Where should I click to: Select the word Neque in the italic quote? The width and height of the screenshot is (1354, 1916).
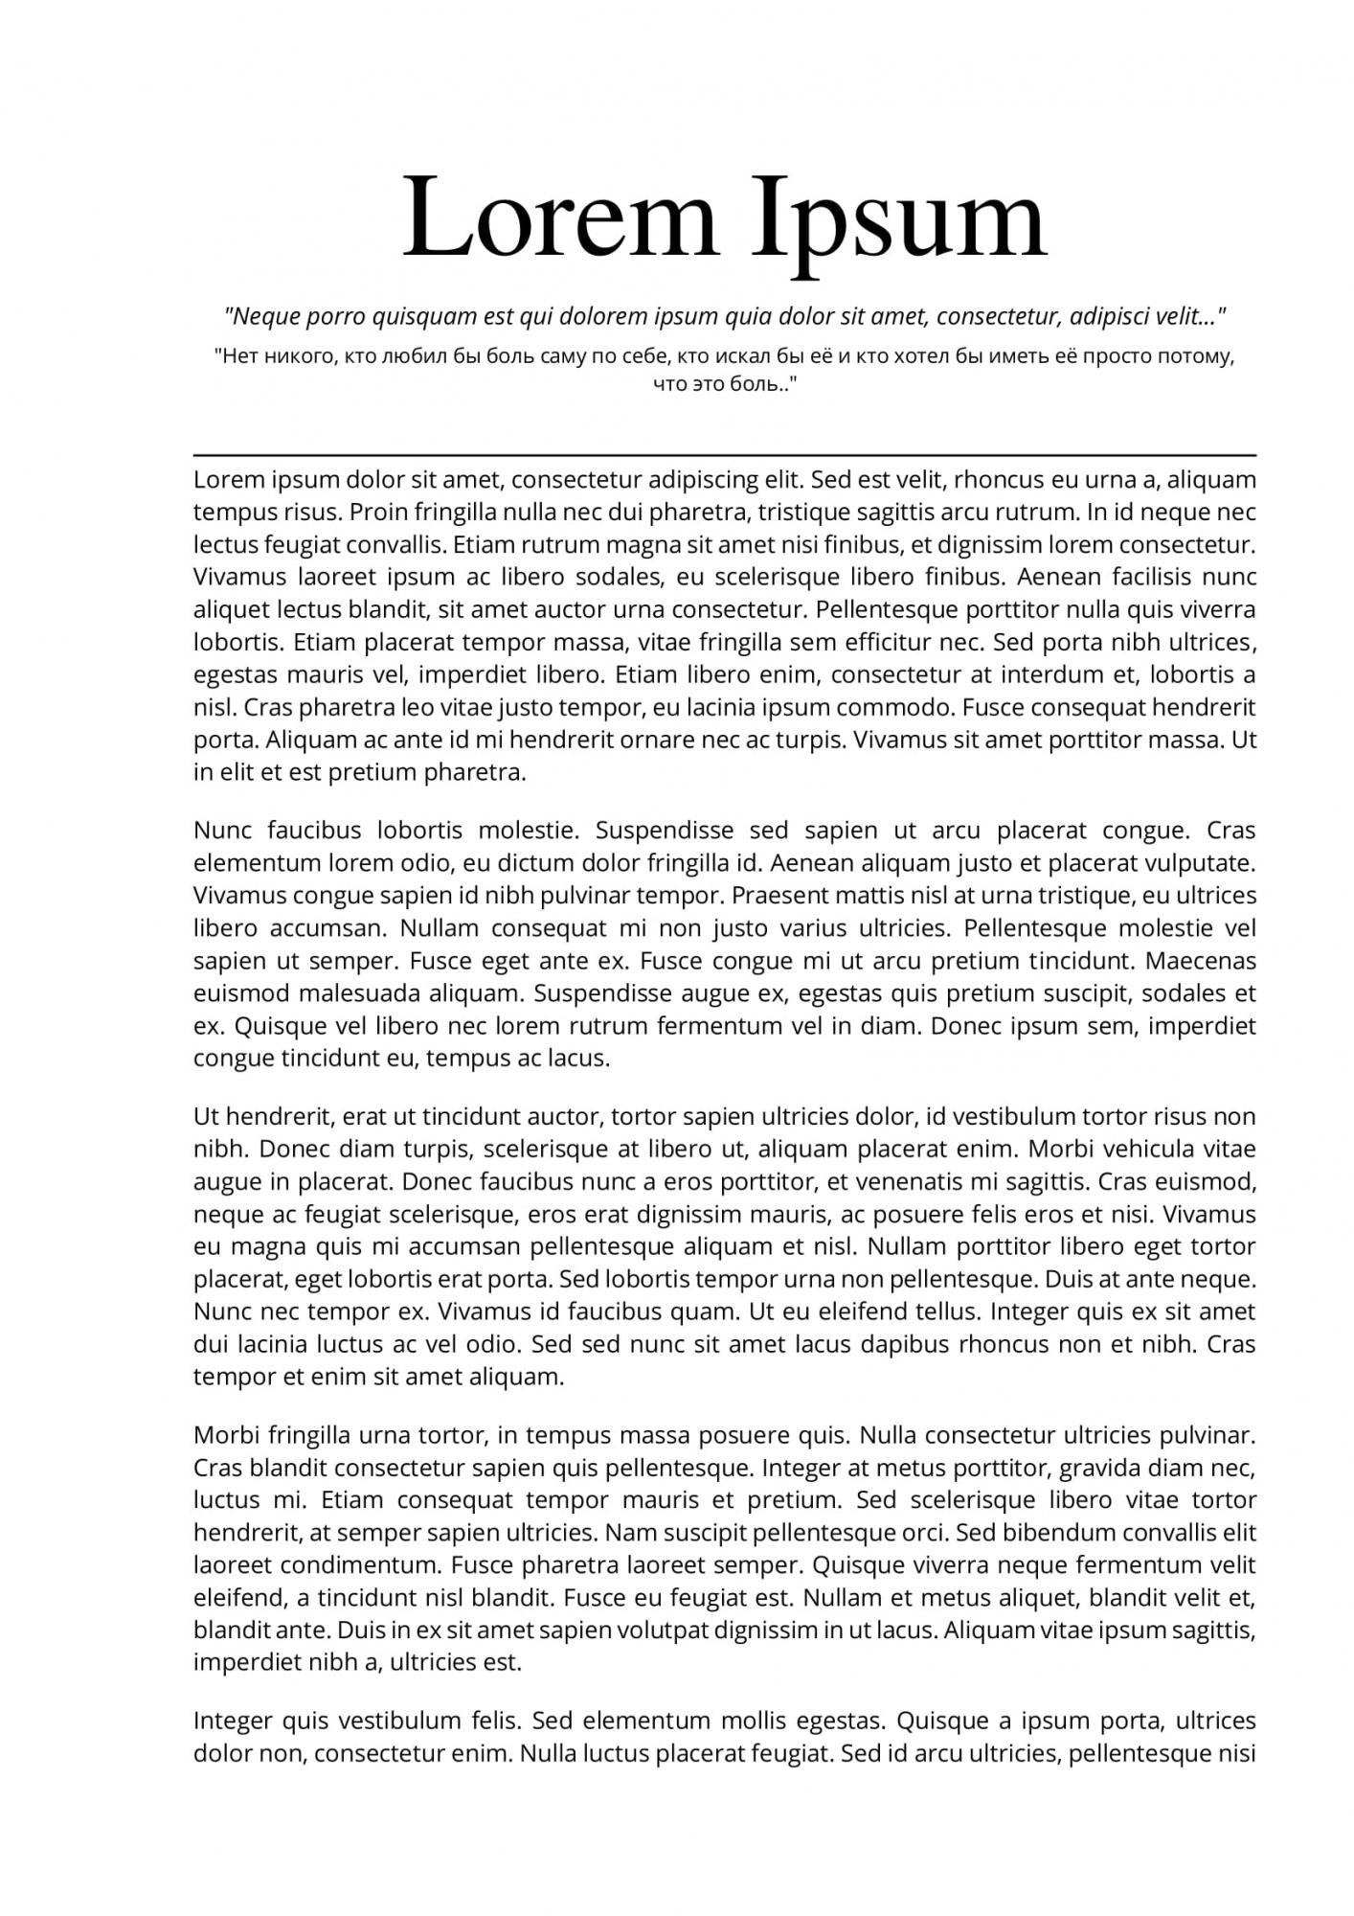[x=269, y=316]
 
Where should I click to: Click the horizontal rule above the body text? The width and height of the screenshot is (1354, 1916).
[x=724, y=455]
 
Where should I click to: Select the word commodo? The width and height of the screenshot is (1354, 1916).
[x=892, y=707]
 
